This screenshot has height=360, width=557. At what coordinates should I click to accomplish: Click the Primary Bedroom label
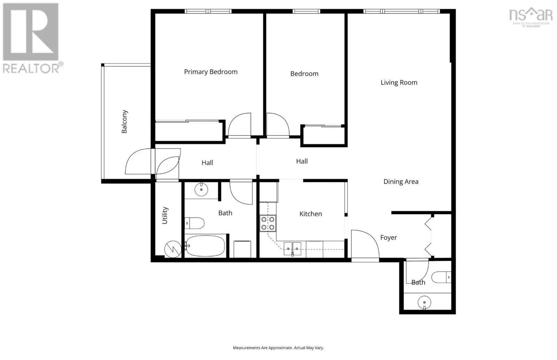tap(211, 72)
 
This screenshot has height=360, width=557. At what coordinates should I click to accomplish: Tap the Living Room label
tap(399, 82)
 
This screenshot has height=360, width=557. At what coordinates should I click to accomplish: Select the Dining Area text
tap(401, 182)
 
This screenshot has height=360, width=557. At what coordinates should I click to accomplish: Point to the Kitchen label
tap(311, 214)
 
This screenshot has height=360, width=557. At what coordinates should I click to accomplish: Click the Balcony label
tap(124, 121)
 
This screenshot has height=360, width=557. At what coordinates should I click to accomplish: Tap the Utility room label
tap(165, 215)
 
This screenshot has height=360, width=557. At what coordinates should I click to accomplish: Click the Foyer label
tap(389, 238)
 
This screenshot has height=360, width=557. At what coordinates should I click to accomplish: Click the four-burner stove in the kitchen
tap(268, 223)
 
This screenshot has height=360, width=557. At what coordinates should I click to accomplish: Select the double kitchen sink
tap(292, 249)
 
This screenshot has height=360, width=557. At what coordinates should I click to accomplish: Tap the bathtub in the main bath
tap(205, 246)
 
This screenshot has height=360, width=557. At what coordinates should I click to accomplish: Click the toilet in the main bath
tap(195, 223)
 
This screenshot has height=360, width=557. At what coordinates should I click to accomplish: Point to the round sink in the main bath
tap(201, 190)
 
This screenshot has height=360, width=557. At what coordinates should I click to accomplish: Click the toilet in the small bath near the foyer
tap(441, 277)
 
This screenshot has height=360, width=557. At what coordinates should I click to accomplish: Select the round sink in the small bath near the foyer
tap(424, 302)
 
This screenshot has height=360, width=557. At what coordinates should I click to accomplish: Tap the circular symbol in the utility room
tap(173, 249)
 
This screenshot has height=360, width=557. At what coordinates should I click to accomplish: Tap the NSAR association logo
tap(531, 17)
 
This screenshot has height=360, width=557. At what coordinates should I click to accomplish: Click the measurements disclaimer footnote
tap(278, 348)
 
